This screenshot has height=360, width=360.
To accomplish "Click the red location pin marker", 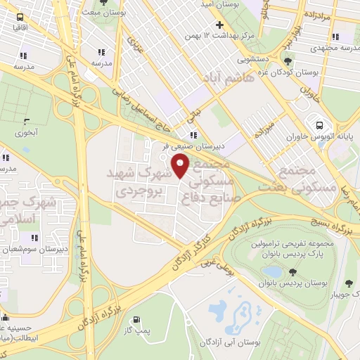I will click(x=181, y=166).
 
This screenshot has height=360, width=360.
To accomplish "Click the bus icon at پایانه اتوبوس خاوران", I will click(x=320, y=121).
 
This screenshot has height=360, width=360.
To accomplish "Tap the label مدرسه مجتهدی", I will click(x=333, y=47).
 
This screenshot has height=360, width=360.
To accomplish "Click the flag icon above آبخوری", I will click(x=27, y=122).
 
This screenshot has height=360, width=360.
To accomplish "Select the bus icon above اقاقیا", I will click(x=18, y=16).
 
